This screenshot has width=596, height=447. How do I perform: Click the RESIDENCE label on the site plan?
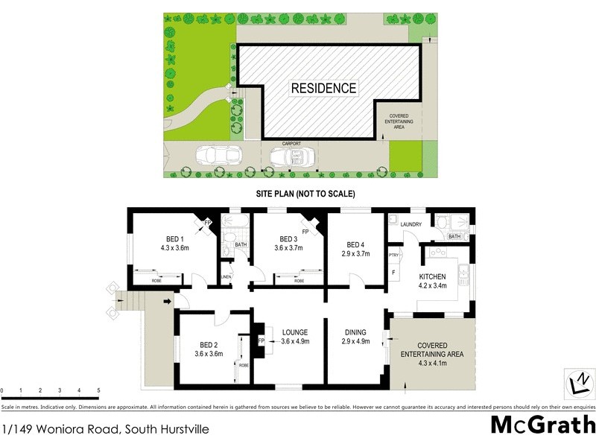tap(323, 88)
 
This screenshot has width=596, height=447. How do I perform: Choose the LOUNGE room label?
tap(294, 332)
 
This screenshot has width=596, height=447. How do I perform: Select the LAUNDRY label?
tap(410, 224)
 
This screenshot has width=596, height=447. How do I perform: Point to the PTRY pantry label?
tap(394, 256)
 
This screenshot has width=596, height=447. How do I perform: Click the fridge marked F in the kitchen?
tap(393, 273)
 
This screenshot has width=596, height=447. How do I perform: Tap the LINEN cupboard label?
tap(226, 278)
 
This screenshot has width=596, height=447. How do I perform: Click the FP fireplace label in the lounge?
tap(261, 341)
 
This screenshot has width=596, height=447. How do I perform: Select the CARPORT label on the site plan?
tap(291, 143)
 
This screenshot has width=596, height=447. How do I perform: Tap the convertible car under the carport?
tap(291, 156)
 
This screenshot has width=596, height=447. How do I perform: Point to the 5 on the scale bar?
tap(98, 390)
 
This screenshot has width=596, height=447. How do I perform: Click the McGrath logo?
tap(542, 425)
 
